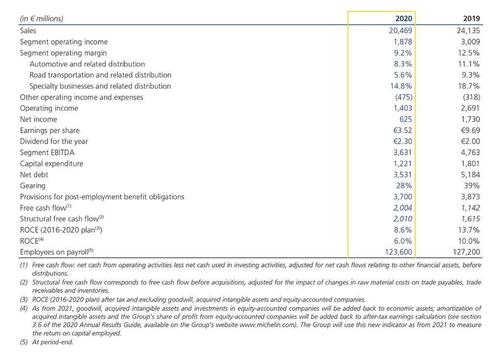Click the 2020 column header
point(404,19)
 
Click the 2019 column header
point(471,19)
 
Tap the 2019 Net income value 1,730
point(470,120)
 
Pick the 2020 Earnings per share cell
point(403,131)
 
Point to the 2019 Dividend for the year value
point(470,142)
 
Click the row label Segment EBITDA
point(47,153)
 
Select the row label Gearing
point(33,186)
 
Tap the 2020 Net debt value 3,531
point(403,175)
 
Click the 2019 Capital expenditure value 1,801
point(470,164)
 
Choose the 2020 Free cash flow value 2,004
point(403,208)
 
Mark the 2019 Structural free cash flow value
point(470,219)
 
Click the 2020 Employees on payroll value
point(399,252)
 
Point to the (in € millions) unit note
point(42,19)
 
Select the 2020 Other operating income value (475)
point(404,97)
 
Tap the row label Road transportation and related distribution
point(100,75)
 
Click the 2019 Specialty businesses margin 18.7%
point(469,86)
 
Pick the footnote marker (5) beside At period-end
point(24,342)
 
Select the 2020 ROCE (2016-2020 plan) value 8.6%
point(403,230)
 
